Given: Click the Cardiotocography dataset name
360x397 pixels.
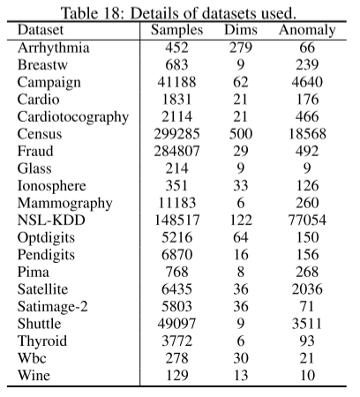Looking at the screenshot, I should pos(73,116).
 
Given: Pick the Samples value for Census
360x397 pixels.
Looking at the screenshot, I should pos(176,133).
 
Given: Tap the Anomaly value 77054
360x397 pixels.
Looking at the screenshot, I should pos(307,218).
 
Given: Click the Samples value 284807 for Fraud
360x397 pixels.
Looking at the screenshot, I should pos(176,150).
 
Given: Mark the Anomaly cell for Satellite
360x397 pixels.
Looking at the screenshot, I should pos(307,286).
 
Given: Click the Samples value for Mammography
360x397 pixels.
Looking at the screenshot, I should pos(176,201).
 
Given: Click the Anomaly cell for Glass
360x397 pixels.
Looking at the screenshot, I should pos(307,167).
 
